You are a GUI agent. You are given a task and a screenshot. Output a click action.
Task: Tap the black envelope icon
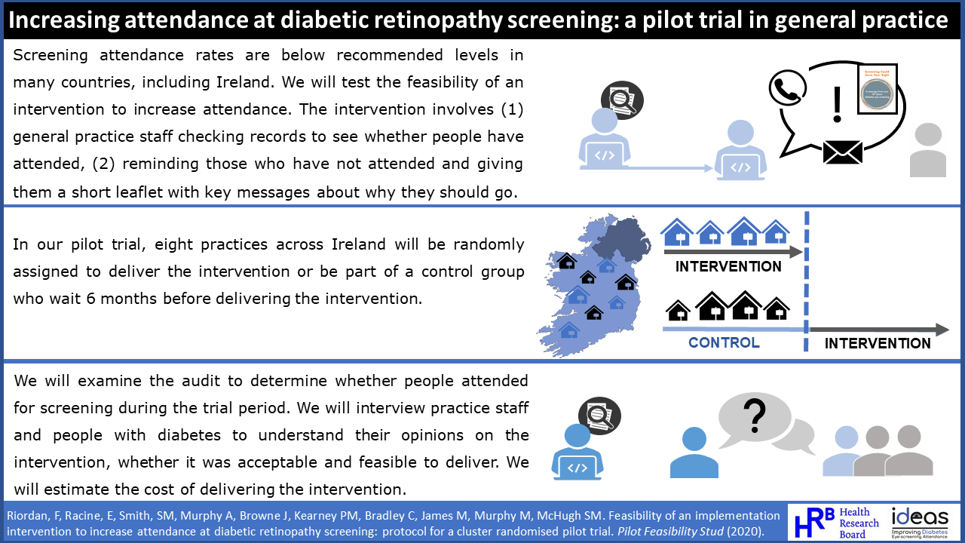842,150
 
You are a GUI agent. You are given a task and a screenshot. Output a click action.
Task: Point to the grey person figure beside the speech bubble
927,151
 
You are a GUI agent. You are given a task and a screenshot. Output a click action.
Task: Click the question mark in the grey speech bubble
754,413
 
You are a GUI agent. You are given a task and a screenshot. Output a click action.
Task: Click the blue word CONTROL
724,343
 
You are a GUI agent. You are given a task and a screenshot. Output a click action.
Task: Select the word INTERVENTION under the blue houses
728,266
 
